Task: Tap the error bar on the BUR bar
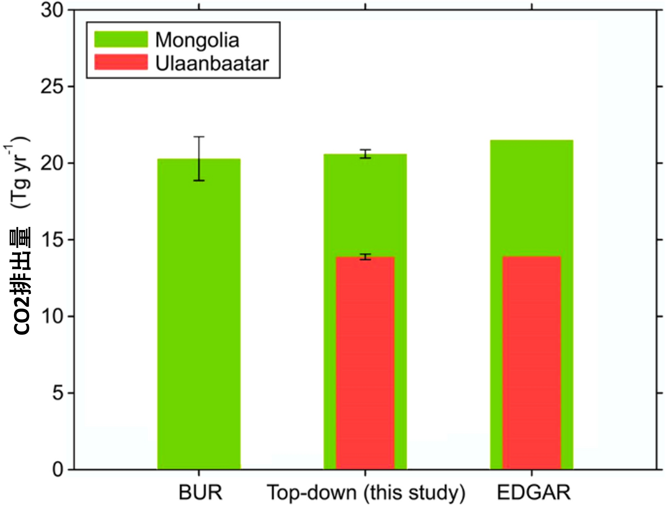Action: click(x=199, y=158)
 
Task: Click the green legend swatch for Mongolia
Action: click(x=121, y=39)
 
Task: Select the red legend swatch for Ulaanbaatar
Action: click(x=121, y=62)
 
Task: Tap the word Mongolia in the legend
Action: click(x=197, y=40)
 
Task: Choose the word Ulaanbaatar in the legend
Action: click(x=212, y=63)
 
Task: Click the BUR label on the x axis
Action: click(x=200, y=493)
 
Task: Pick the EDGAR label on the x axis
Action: click(x=533, y=493)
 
